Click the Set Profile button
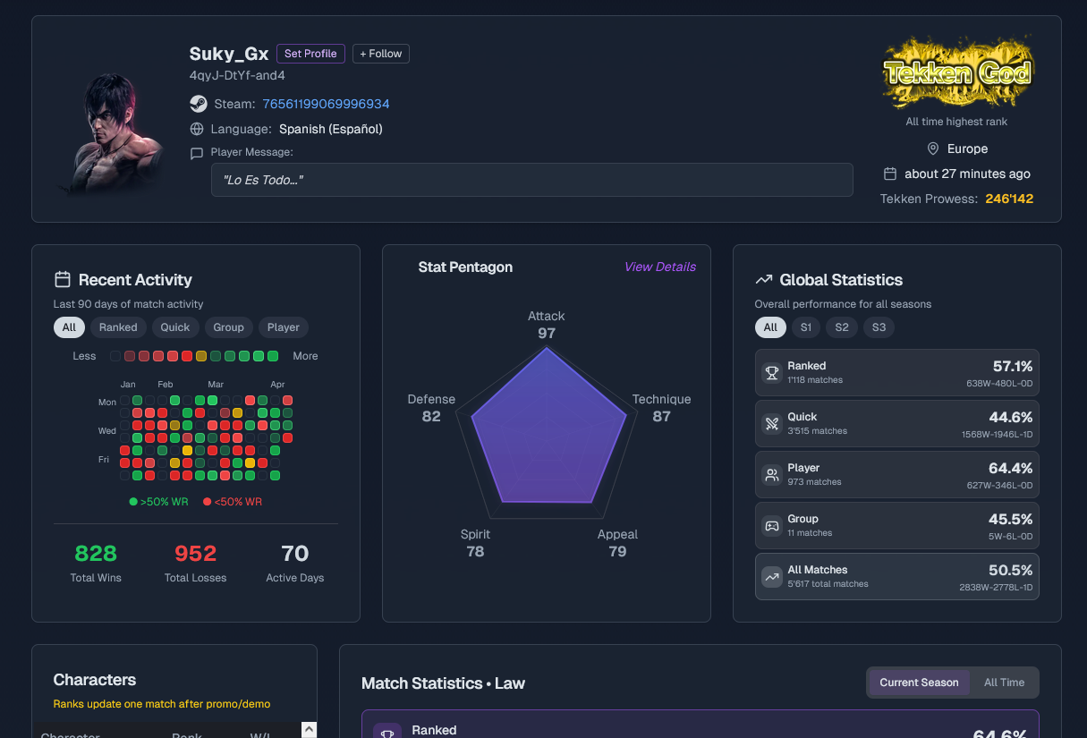point(310,54)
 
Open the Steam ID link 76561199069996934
point(326,104)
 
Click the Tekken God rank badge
point(956,73)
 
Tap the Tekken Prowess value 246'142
point(1009,199)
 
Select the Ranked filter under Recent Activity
point(118,327)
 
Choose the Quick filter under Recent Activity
point(175,327)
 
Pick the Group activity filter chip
point(228,327)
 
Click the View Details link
point(659,267)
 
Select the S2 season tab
point(842,327)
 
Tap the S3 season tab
point(879,327)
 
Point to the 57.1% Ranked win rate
point(1012,366)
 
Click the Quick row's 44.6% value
point(1012,417)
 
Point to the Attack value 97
point(547,334)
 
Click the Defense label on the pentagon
point(431,399)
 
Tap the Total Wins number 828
point(96,554)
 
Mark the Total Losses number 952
point(195,554)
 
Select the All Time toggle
point(1004,683)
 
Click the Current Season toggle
point(919,683)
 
